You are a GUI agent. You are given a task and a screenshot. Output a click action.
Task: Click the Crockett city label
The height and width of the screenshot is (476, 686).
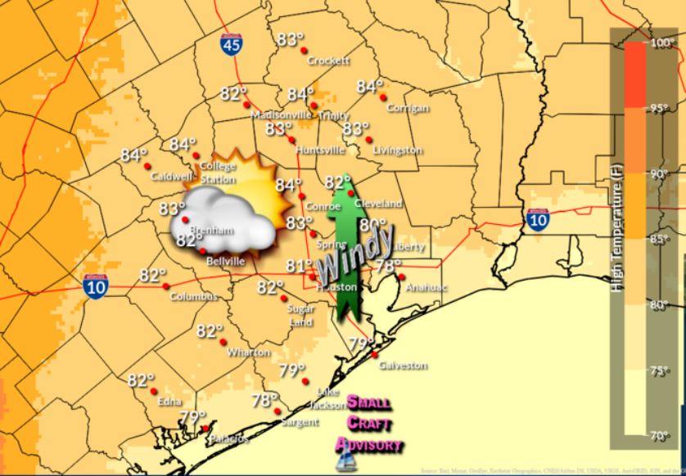(328, 61)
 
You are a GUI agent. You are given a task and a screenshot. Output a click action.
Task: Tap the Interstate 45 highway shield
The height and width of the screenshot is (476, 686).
(232, 44)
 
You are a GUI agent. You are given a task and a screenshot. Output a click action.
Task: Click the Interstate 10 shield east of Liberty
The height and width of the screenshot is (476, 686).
(538, 219)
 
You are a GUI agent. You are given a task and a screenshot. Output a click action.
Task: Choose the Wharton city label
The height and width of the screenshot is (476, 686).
(250, 353)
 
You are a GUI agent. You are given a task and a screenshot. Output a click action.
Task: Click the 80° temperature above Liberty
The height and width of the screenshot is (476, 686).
(372, 225)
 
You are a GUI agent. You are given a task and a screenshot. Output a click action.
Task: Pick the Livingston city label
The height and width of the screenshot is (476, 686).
(397, 150)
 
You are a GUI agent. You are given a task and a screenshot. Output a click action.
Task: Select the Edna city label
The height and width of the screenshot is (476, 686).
(169, 401)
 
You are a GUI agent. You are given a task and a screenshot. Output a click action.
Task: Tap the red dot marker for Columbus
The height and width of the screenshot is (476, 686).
(166, 285)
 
